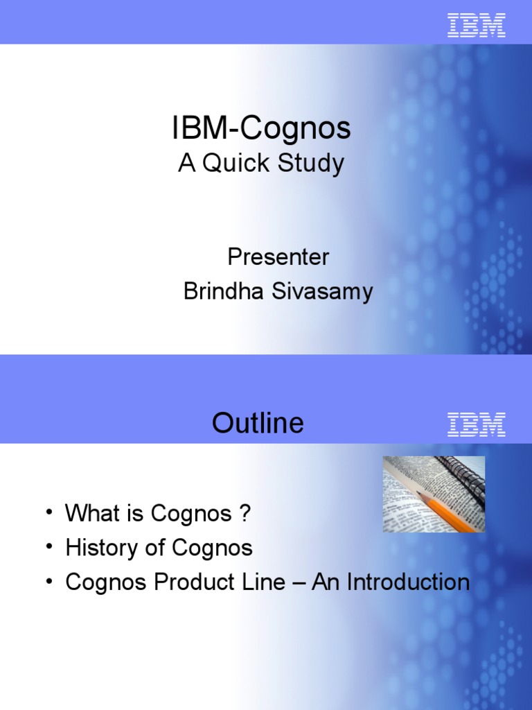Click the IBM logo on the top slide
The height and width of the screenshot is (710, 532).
(477, 25)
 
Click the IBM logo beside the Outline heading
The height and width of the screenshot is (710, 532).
(477, 424)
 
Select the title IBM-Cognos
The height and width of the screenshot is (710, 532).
(261, 129)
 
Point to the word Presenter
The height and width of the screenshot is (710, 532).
(278, 257)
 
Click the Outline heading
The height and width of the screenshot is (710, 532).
(258, 423)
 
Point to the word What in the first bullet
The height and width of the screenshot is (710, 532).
(91, 514)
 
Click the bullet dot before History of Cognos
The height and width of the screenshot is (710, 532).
(48, 547)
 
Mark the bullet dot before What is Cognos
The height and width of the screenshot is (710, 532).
(48, 512)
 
